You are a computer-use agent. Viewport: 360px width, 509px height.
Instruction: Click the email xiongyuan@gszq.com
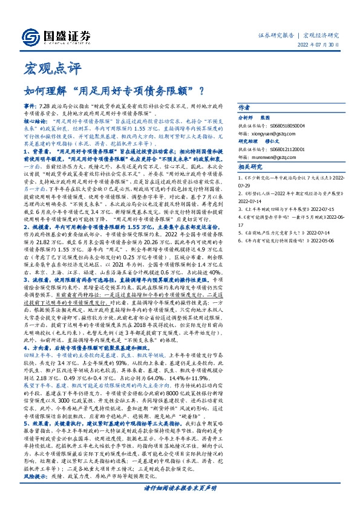click(277, 132)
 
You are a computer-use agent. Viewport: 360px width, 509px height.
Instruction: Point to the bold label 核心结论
click(36, 120)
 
